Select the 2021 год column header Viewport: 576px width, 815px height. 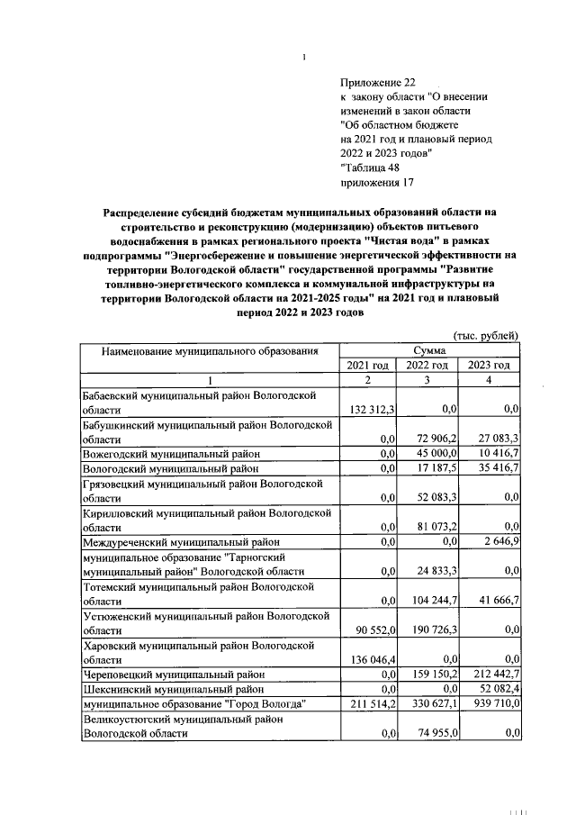tap(368, 365)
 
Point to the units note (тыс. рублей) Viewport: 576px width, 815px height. tap(485, 334)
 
